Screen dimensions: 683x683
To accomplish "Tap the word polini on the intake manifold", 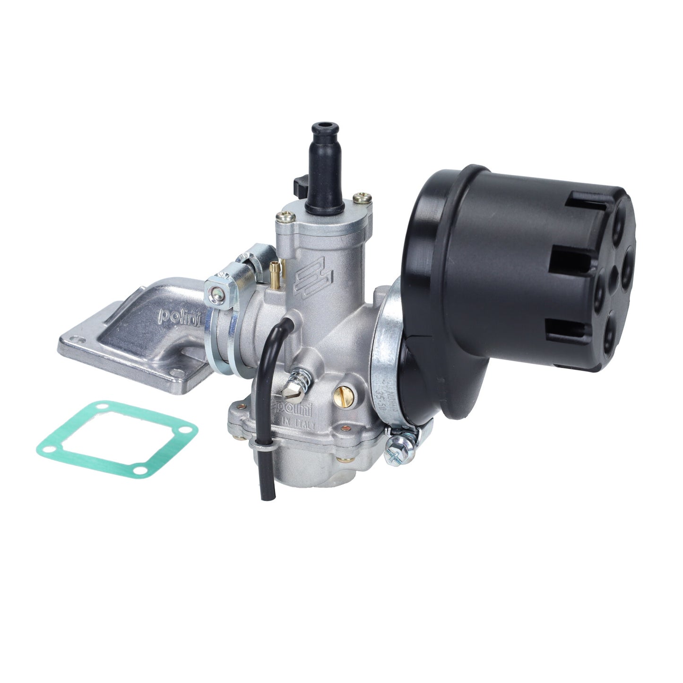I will click(179, 316).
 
